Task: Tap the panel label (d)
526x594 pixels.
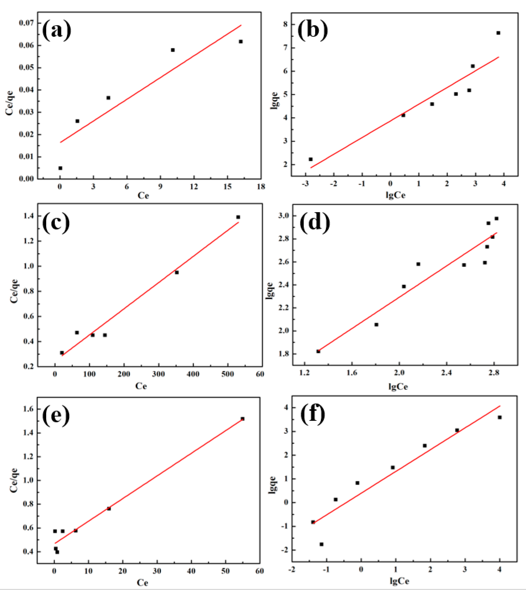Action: pos(314,223)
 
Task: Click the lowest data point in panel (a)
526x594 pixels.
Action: pos(60,168)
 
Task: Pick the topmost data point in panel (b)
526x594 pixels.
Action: pos(498,33)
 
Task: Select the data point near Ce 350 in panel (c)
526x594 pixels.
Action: pos(176,272)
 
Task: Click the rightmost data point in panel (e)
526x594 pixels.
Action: pos(242,419)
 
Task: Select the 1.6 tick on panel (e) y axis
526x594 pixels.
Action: pos(28,409)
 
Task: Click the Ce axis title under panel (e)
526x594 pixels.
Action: pos(142,583)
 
